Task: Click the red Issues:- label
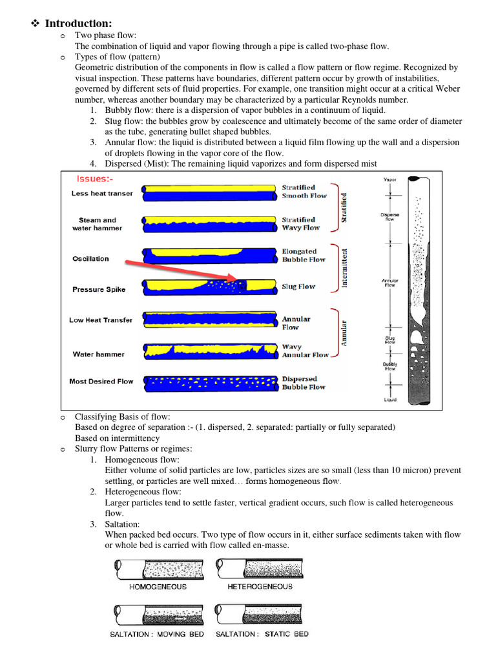[x=96, y=179]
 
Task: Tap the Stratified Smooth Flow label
[x=304, y=192]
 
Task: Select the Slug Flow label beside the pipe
[x=298, y=287]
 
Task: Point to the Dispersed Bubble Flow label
[x=304, y=383]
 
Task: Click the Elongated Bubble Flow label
[x=303, y=256]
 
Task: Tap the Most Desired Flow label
[x=101, y=381]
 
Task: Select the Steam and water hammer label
[x=98, y=224]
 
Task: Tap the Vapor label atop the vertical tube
[x=390, y=180]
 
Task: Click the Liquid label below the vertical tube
[x=390, y=400]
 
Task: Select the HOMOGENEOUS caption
[x=158, y=587]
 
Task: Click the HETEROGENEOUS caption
[x=260, y=587]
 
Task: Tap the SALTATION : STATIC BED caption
[x=262, y=635]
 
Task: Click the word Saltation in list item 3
[x=122, y=524]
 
